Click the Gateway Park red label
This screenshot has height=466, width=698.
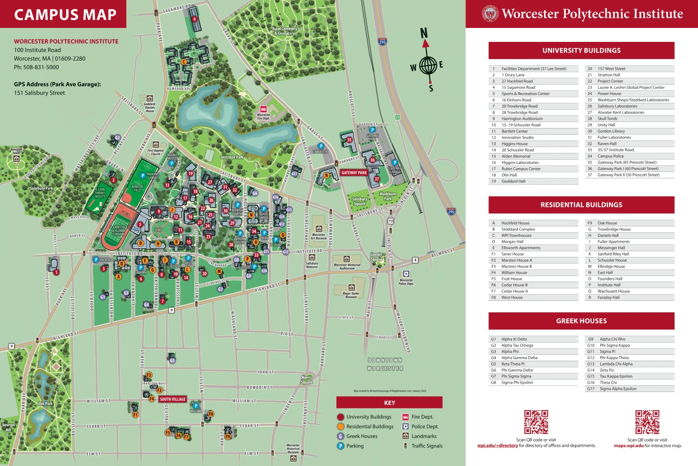click(354, 173)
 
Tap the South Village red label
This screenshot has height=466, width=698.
click(173, 399)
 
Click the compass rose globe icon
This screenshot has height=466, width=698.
click(428, 65)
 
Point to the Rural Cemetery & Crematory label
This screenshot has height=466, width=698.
click(285, 31)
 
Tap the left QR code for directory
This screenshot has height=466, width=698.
click(536, 422)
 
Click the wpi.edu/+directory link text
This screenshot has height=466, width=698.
click(497, 446)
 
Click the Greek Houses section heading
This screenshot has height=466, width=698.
click(581, 321)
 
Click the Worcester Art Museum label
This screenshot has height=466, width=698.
click(319, 236)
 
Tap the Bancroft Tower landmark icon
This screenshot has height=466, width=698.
click(17, 159)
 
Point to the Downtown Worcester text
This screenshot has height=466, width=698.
click(385, 364)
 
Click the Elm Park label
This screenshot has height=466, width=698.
click(45, 404)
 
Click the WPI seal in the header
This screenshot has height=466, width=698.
click(490, 14)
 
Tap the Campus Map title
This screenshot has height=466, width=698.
click(65, 14)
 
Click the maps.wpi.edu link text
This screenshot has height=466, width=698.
click(629, 446)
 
